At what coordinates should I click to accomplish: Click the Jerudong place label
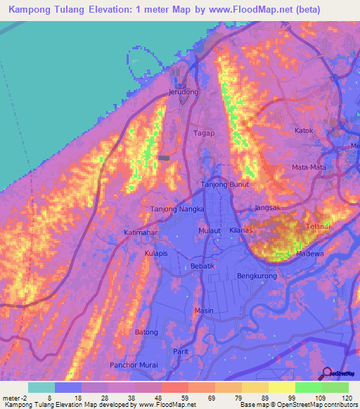click(184, 92)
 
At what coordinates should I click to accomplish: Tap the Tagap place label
click(204, 132)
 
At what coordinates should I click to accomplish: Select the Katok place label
click(303, 130)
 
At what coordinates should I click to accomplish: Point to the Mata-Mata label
click(309, 167)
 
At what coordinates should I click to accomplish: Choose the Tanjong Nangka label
click(178, 209)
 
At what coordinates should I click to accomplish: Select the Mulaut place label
click(210, 230)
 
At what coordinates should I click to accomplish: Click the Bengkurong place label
click(257, 276)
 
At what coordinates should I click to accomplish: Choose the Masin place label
click(204, 311)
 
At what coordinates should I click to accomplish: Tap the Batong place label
click(146, 332)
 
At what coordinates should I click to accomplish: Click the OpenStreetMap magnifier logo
click(327, 374)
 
